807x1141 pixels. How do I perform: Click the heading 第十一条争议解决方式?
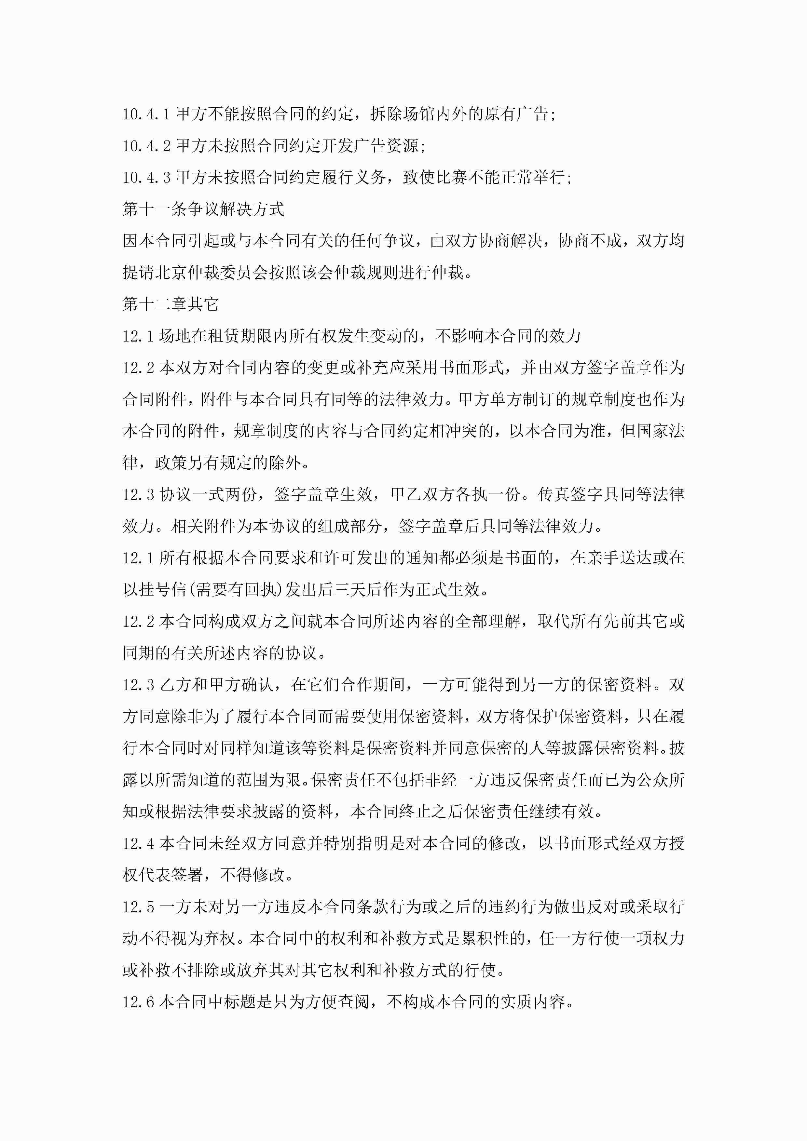(203, 209)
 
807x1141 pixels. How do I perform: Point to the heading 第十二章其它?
(171, 304)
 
